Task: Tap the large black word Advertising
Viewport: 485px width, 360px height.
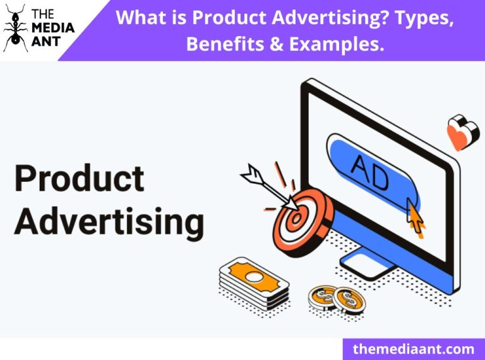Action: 109,221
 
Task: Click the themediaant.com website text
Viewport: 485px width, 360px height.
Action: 413,348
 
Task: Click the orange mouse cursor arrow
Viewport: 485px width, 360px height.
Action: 416,216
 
